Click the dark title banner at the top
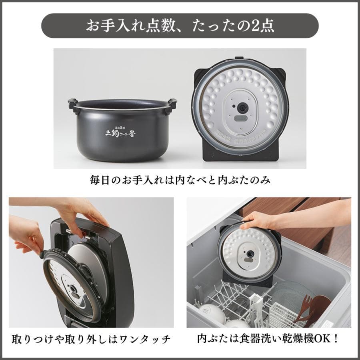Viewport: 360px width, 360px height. [x=180, y=26]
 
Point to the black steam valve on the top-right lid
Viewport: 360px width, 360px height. [x=242, y=108]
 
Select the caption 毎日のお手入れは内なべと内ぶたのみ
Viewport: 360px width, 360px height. [x=180, y=180]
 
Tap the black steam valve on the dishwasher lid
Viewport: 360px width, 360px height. [x=250, y=254]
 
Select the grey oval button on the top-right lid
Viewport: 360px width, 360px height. [x=240, y=118]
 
